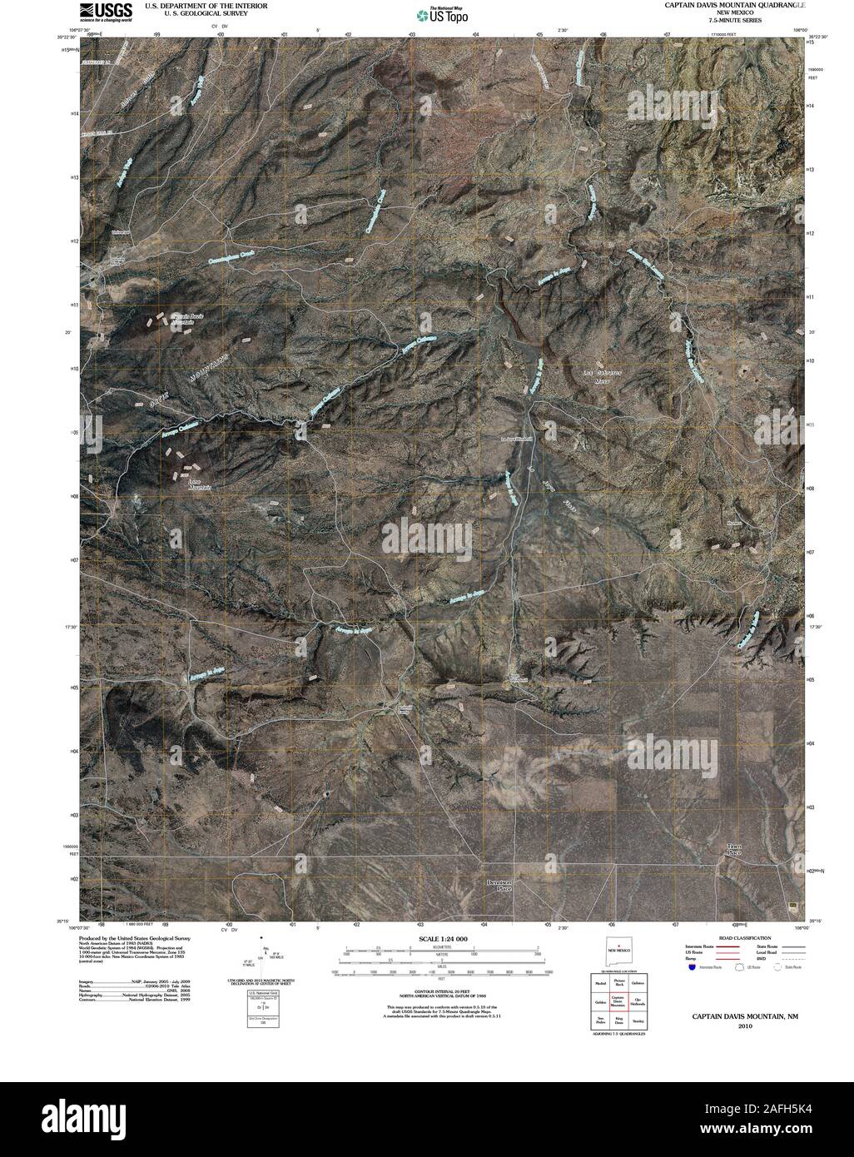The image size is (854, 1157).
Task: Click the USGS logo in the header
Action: tap(106, 11)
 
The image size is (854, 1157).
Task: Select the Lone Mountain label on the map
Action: tap(196, 484)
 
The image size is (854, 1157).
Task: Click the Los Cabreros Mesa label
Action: tap(603, 372)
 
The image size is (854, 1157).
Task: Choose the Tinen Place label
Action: tap(733, 850)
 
